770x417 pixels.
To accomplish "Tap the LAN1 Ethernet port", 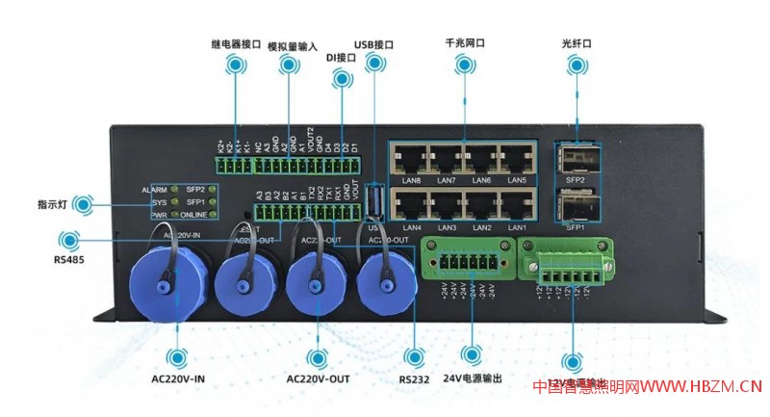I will (x=517, y=206).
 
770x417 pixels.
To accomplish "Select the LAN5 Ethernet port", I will (x=517, y=160).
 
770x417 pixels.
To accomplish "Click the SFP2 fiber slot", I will (x=575, y=160).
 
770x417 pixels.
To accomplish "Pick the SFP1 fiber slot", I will (x=575, y=205).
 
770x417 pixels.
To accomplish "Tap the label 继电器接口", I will (x=236, y=43).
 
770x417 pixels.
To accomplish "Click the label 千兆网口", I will (x=465, y=43).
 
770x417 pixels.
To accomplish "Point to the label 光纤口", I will (x=576, y=43).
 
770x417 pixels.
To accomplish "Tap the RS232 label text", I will (x=415, y=378).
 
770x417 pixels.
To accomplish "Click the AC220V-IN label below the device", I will (x=178, y=378).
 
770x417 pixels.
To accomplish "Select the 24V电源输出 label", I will (x=473, y=378).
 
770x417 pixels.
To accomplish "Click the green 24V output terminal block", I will (x=464, y=263).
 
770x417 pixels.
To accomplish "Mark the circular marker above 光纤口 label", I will (x=576, y=65).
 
